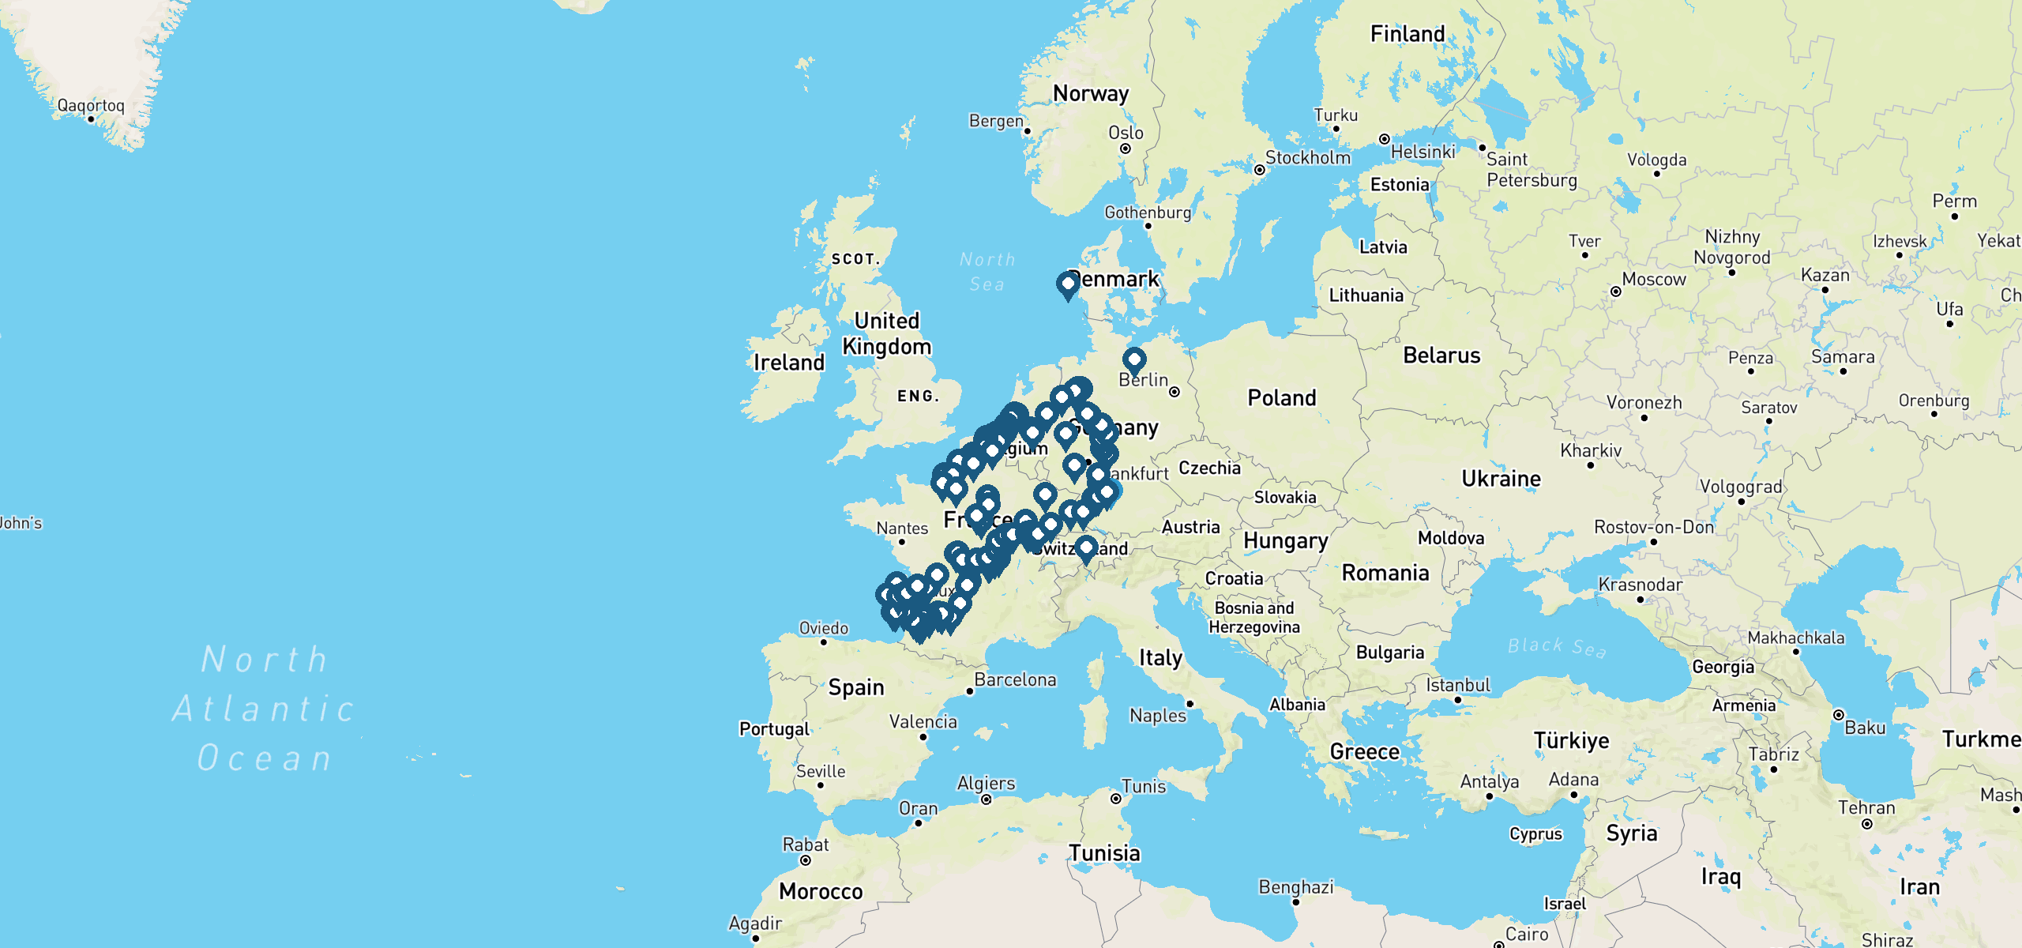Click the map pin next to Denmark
click(1068, 285)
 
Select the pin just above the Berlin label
click(1134, 361)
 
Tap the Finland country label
click(1408, 34)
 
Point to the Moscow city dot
click(1616, 292)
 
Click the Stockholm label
click(1308, 158)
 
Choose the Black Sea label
click(1557, 647)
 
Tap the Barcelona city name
click(1015, 680)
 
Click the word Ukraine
click(1501, 479)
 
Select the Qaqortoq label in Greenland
click(91, 106)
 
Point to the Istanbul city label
click(1458, 685)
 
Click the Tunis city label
click(1144, 787)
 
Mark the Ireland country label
click(789, 363)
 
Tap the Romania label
click(1385, 573)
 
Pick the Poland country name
click(1282, 398)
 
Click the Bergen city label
click(996, 121)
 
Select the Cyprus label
click(1535, 834)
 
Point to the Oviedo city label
click(824, 628)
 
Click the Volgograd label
click(1741, 487)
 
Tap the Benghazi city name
click(1296, 887)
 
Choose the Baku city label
click(1865, 728)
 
